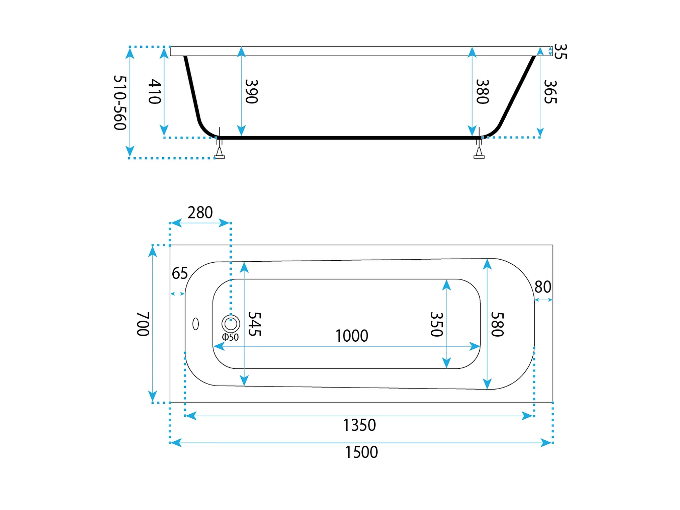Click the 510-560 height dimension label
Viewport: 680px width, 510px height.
[x=120, y=103]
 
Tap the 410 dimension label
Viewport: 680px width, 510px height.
[x=155, y=92]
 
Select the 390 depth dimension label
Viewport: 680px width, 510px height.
[x=252, y=92]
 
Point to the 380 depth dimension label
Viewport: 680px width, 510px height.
[x=483, y=92]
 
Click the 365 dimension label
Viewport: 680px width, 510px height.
[x=550, y=92]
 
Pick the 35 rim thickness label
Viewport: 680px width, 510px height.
[x=561, y=52]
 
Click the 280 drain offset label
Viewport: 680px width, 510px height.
[x=200, y=212]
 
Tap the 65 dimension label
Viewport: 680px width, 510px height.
[x=180, y=273]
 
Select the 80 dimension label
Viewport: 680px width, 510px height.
[x=543, y=287]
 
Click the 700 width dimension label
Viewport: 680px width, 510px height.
[x=143, y=324]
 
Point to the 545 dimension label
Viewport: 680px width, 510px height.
[x=255, y=324]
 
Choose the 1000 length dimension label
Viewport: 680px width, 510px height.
[x=352, y=336]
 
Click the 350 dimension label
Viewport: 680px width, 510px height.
[x=437, y=324]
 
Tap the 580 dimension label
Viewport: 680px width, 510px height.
[x=497, y=324]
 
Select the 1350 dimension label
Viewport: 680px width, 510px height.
[x=360, y=425]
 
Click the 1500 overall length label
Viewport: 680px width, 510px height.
[x=361, y=452]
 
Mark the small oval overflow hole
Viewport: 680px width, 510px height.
[x=196, y=324]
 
